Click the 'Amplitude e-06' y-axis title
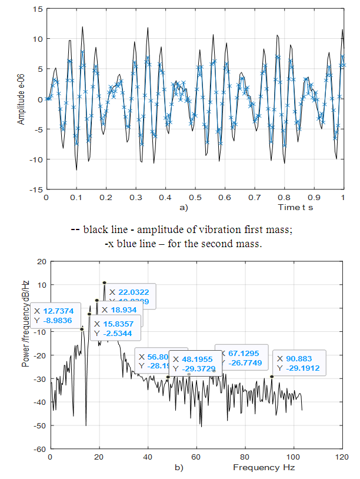21,99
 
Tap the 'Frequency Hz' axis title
264,467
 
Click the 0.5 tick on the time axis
195,198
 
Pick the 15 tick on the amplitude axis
37,9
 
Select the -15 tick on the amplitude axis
35,189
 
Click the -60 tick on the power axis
39,448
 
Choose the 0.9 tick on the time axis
314,198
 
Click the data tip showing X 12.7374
55,315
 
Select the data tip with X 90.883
300,363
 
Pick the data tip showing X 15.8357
115,328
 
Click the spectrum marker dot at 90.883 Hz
272,377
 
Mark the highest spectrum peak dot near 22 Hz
104,283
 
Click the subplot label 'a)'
183,208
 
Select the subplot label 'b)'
179,468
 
